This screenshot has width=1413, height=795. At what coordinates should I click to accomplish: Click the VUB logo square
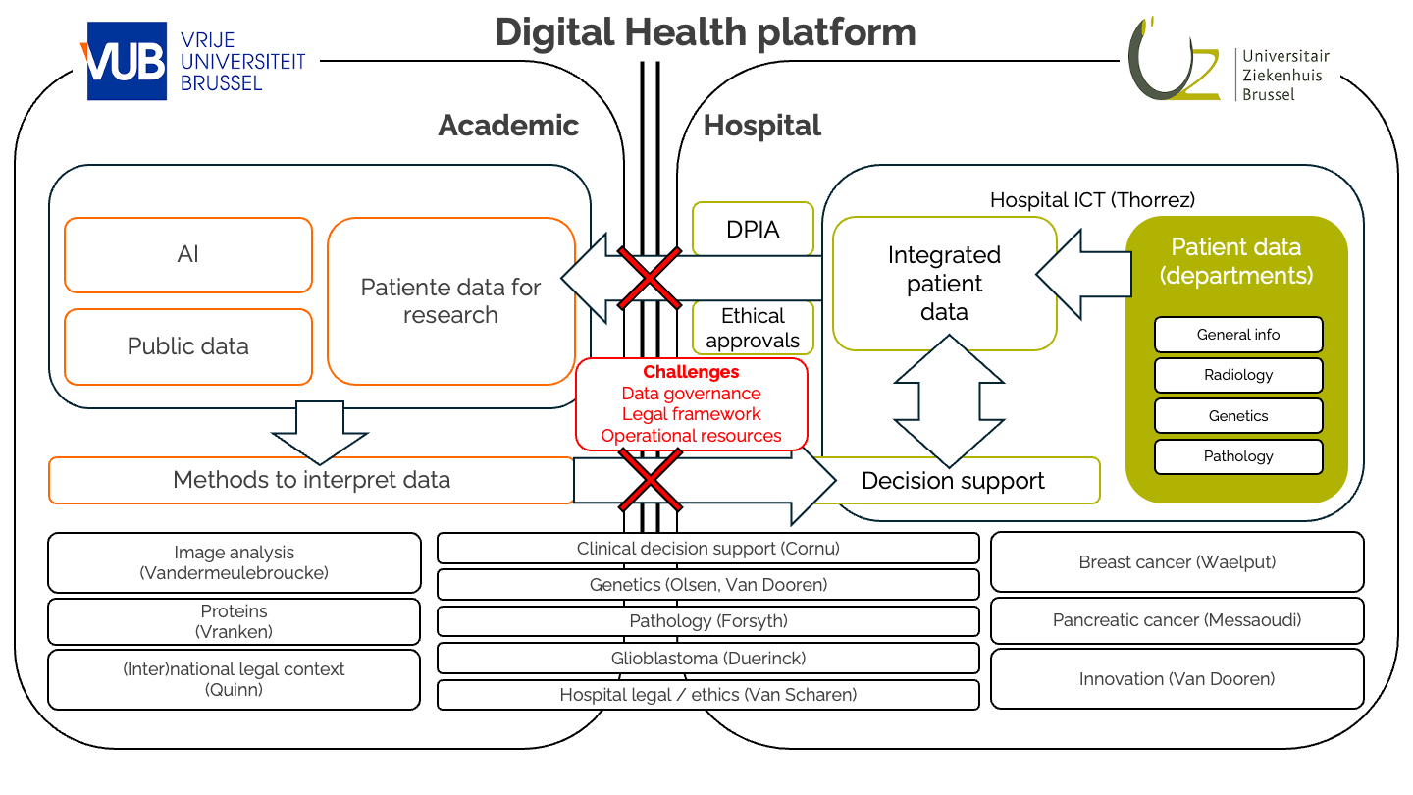127,61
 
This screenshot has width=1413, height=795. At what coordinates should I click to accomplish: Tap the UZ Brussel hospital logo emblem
1173,59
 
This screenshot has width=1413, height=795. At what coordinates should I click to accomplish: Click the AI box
188,255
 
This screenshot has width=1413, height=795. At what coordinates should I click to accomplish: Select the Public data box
188,346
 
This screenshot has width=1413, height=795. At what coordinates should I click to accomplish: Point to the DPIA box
753,229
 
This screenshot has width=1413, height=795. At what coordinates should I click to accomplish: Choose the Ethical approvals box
753,328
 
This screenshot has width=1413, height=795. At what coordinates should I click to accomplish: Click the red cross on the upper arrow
650,279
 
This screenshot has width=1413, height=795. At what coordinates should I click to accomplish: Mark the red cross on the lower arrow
651,480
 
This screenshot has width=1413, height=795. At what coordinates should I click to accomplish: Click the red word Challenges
691,372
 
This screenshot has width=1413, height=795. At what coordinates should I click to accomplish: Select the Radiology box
1238,375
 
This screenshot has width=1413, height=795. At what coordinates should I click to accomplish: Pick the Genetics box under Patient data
1238,416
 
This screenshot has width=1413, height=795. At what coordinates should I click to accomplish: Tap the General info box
1238,335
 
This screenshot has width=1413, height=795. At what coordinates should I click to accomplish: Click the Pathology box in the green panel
1238,456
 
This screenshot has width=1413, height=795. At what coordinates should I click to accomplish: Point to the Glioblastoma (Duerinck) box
707,658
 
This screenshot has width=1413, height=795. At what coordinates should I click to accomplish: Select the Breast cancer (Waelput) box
1177,562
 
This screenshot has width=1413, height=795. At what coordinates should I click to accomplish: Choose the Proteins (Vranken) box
234,621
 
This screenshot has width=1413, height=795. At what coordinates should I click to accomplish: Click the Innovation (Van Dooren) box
1177,679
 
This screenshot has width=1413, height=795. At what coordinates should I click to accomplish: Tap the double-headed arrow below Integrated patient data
949,401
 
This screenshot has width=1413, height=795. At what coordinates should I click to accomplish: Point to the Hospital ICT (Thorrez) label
1092,200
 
